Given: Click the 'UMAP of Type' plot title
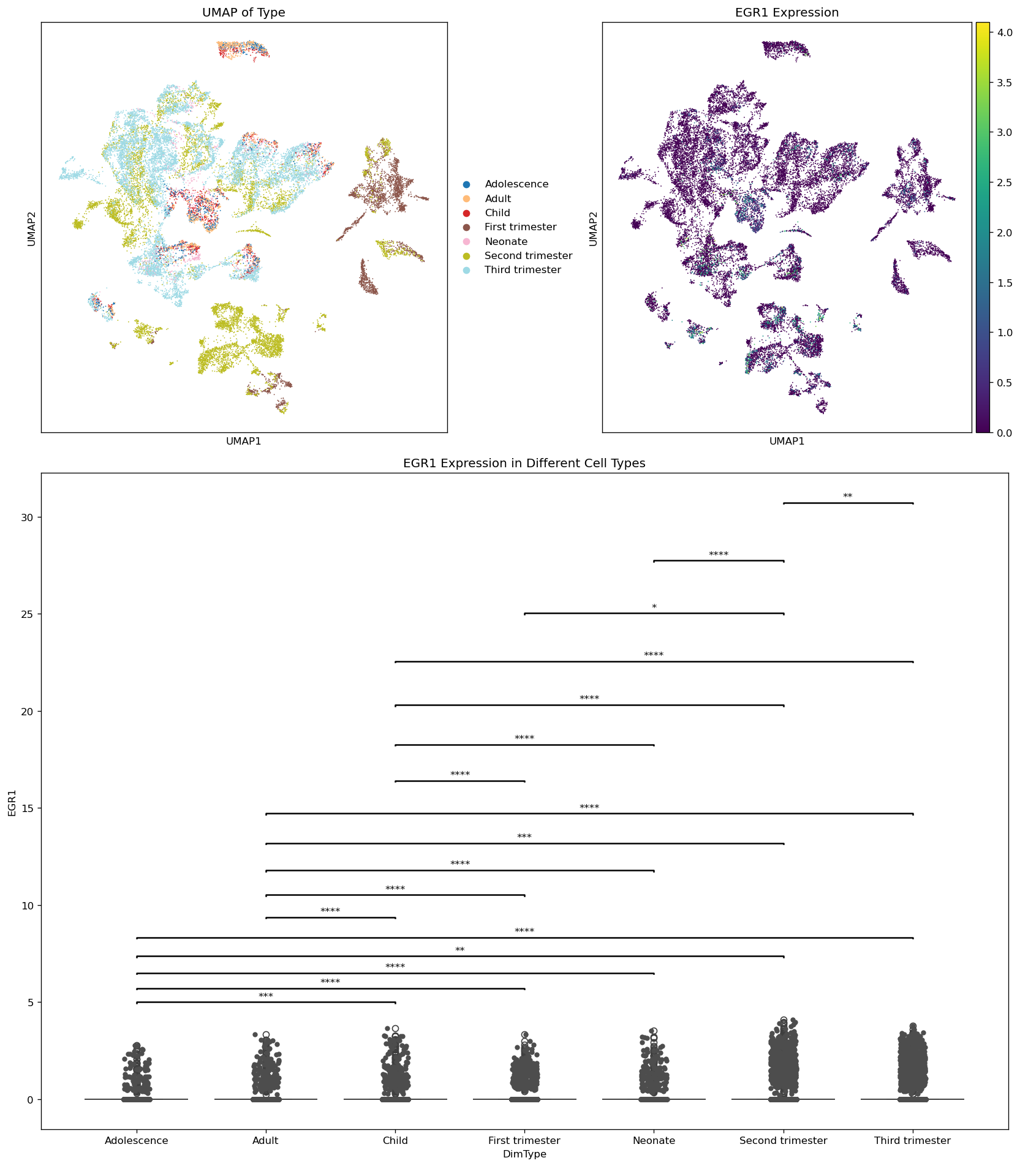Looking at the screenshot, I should [244, 13].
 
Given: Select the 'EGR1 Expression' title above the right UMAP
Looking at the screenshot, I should [787, 13].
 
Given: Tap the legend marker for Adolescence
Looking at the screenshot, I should [467, 184].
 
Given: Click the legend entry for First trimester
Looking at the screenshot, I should [520, 227].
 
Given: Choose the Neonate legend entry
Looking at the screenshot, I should [505, 242].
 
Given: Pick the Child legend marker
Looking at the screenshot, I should [467, 213].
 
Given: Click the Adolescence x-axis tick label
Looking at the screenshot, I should [136, 1141].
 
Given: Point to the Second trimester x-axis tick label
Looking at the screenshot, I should [783, 1141].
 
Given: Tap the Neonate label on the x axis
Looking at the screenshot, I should [654, 1141].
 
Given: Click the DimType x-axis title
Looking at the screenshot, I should [524, 1154].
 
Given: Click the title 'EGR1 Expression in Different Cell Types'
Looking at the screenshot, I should [524, 464].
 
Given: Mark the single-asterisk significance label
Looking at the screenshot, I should [654, 607].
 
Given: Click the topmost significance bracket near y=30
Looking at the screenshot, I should [848, 503].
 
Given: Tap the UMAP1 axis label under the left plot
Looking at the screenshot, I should [244, 441].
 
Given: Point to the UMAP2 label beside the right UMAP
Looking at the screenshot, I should [593, 228].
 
